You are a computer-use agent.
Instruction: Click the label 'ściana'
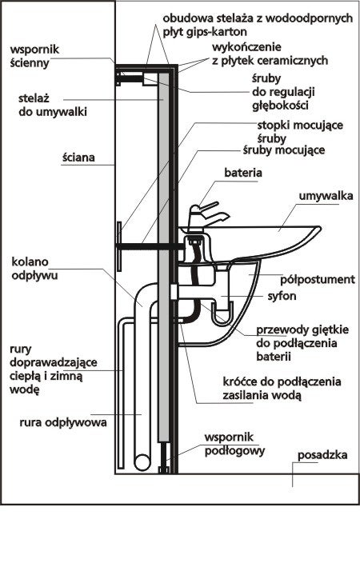78,158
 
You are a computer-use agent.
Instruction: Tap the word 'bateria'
243,173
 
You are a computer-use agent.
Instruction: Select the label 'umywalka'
326,196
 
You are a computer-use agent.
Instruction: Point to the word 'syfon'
282,296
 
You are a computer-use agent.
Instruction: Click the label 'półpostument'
318,280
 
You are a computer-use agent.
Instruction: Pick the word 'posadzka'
322,455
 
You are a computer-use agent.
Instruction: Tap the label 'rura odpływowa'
63,422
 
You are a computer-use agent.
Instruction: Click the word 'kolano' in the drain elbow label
30,262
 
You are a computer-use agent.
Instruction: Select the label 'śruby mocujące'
284,150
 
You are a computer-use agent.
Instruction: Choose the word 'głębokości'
280,106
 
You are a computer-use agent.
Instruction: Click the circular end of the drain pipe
142,463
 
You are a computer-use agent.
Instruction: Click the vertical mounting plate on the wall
118,246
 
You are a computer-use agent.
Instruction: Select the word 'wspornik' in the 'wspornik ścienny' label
34,50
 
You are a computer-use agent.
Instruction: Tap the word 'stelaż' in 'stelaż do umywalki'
34,98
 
